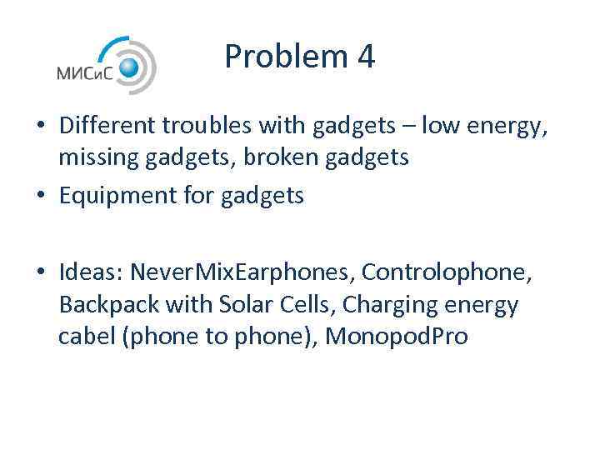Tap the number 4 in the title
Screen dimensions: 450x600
pyautogui.click(x=365, y=57)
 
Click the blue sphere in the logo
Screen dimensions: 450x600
pyautogui.click(x=129, y=67)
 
